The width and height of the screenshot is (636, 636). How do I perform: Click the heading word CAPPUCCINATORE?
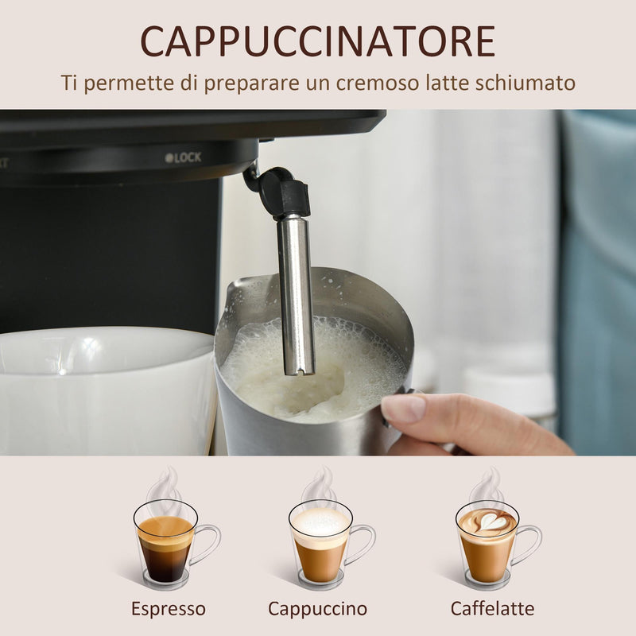click(318, 41)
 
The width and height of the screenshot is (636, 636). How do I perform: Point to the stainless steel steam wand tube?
click(297, 294)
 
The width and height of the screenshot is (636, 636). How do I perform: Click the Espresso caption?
click(169, 609)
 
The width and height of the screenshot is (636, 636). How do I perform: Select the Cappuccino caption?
click(317, 609)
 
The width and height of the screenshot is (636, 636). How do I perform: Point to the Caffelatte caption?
click(492, 609)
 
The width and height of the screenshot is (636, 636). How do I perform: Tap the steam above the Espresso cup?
click(165, 485)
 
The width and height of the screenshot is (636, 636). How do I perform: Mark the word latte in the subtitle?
click(447, 83)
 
